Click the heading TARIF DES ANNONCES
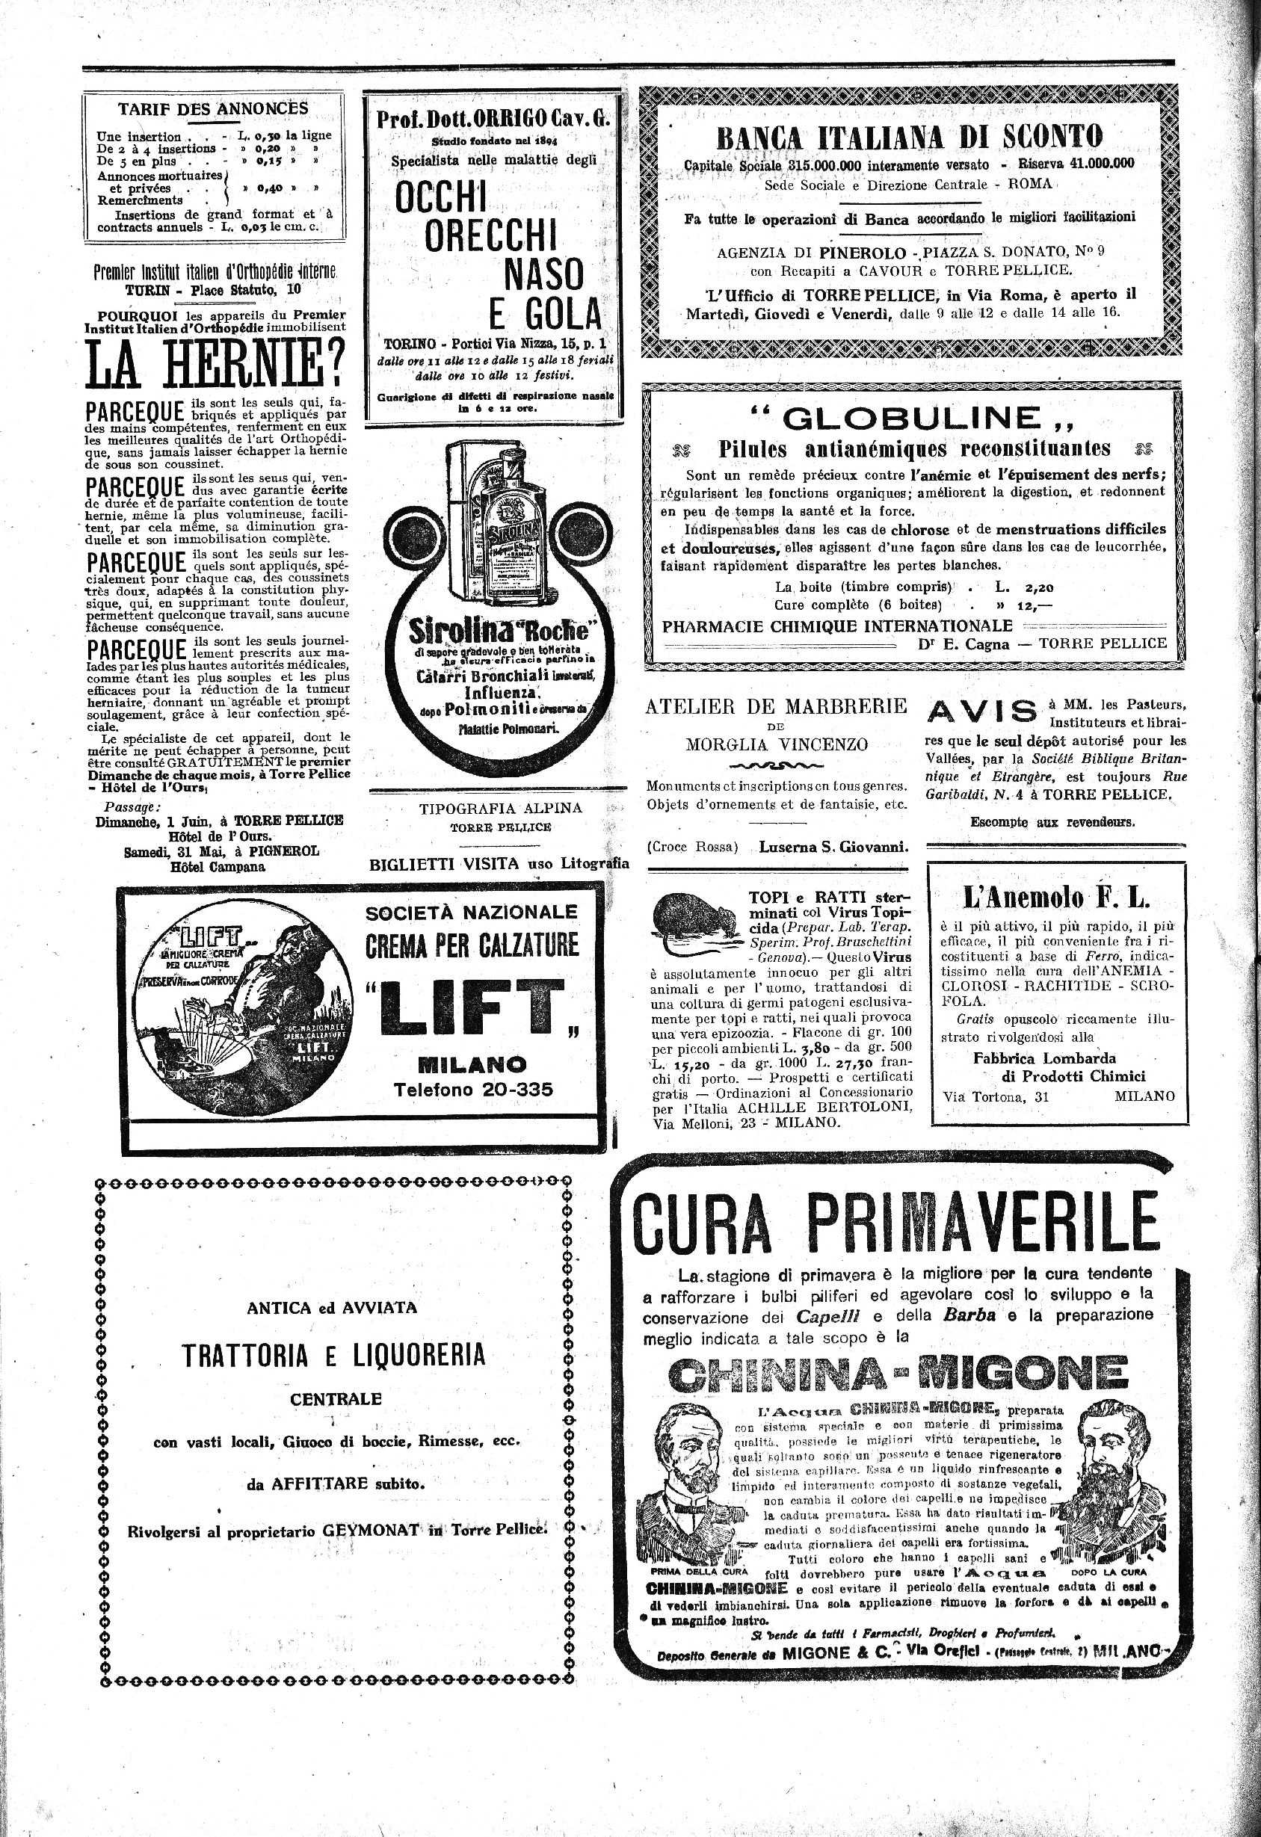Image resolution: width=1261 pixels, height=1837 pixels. click(213, 109)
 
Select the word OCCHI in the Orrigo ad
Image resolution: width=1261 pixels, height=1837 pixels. click(440, 197)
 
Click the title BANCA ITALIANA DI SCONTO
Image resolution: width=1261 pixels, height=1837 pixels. click(908, 137)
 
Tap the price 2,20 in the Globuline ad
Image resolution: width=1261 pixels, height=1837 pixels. click(1038, 587)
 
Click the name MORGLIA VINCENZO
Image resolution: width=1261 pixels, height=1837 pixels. click(777, 744)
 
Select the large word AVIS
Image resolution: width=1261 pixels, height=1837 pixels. click(981, 712)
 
